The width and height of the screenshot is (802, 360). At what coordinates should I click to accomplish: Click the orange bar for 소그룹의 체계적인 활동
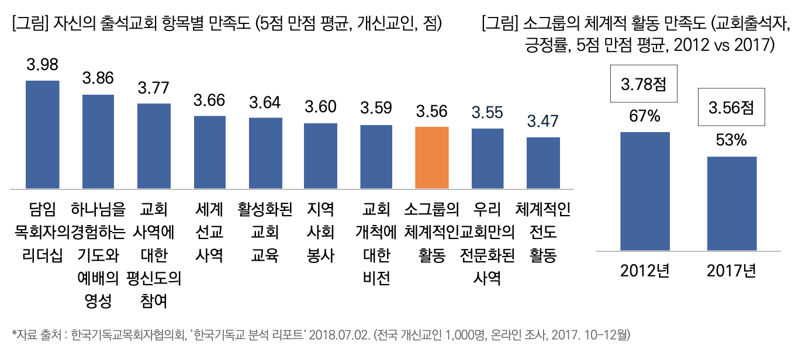431,158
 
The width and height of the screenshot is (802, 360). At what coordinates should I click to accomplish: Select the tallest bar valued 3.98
42,134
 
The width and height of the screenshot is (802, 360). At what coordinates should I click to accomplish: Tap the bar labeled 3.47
543,163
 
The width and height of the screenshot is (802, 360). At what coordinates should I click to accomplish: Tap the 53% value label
731,141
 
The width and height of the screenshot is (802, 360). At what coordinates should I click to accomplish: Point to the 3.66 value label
209,101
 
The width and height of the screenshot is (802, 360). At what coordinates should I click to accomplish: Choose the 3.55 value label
488,112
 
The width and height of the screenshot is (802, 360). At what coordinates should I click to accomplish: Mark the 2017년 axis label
731,272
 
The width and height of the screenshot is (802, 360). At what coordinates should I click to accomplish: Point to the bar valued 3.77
154,146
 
